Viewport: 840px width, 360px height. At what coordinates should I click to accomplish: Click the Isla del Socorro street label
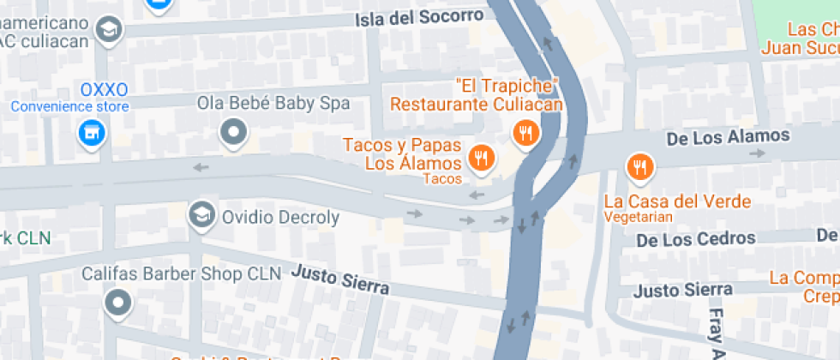[421, 17]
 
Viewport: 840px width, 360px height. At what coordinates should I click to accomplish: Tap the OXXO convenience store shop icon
[90, 133]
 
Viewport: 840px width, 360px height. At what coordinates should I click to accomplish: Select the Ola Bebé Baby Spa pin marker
[233, 132]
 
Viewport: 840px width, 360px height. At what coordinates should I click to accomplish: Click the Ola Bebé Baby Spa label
[273, 104]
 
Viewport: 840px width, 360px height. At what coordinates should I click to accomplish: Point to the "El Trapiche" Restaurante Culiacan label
[477, 95]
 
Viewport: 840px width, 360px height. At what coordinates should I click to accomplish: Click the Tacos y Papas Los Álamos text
[403, 153]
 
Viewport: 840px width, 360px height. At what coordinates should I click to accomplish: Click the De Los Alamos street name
[728, 136]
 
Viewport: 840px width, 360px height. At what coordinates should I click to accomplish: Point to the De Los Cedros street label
[696, 238]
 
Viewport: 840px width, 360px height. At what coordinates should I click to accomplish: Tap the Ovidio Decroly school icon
[201, 214]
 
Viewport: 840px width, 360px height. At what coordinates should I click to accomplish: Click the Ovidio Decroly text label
[281, 218]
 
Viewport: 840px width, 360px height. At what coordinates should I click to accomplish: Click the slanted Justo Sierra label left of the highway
[340, 279]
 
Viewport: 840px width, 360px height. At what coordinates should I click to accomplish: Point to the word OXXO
[105, 89]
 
